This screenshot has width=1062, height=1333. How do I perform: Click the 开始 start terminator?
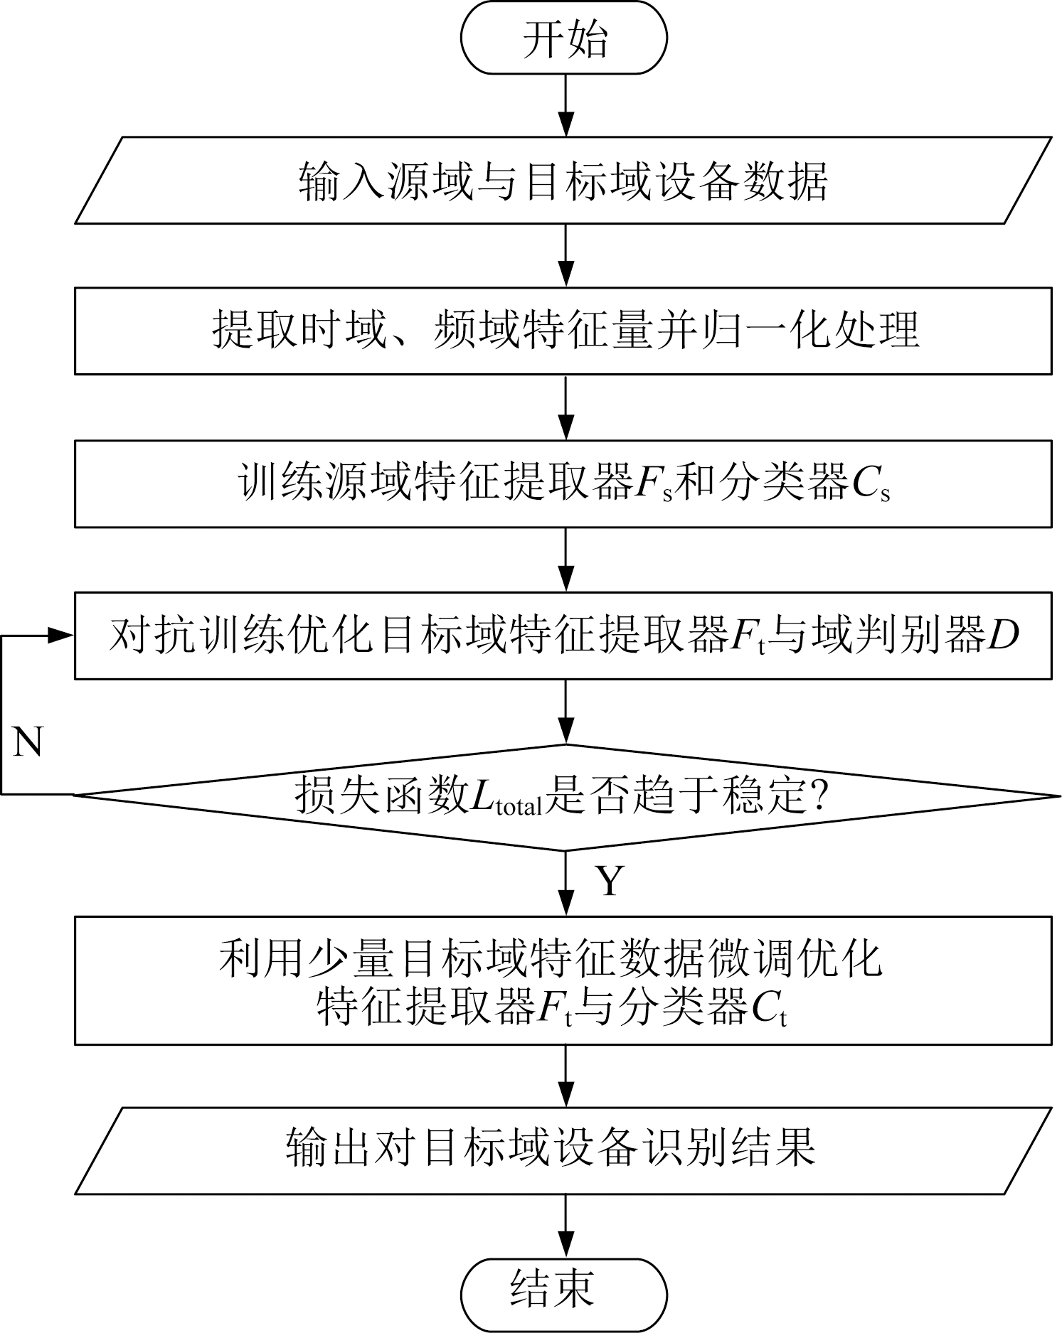564,38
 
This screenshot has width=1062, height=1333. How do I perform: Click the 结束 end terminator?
564,1295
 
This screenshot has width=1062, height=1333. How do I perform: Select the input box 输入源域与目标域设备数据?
563,181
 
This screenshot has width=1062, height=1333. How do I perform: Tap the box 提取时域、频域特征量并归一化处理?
563,331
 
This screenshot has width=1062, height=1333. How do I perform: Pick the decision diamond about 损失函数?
563,797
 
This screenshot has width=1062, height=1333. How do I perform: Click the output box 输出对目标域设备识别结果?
563,1150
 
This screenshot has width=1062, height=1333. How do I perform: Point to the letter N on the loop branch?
28,742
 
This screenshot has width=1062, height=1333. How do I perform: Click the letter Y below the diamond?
610,880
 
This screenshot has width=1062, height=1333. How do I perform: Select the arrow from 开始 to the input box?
565,105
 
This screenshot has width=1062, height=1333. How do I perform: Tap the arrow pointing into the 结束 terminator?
565,1226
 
